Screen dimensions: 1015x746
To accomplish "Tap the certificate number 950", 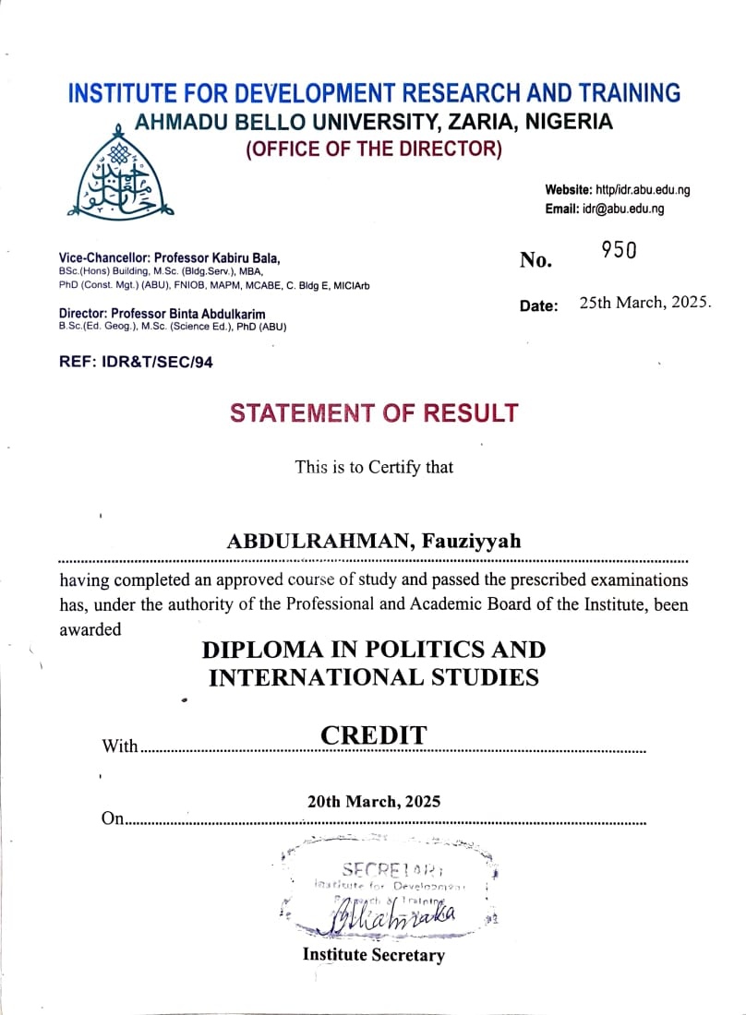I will click(619, 250).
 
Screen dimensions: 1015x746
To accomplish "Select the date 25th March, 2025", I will click(645, 303).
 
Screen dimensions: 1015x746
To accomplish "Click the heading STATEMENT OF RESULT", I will click(374, 413).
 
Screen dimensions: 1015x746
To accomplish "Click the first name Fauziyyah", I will click(472, 542).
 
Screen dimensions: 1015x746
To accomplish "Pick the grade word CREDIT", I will click(374, 735).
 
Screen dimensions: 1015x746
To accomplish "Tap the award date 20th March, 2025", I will click(374, 801).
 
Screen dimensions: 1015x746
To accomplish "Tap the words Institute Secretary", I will click(373, 955).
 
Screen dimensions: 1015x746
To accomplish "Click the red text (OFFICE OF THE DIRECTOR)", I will click(374, 149).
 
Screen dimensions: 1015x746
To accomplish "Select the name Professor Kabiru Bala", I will click(217, 258).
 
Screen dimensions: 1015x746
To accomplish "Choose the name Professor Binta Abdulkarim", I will click(203, 315).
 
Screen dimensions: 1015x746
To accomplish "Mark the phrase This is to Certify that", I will click(374, 467).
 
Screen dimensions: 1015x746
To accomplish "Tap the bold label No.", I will click(535, 261).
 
